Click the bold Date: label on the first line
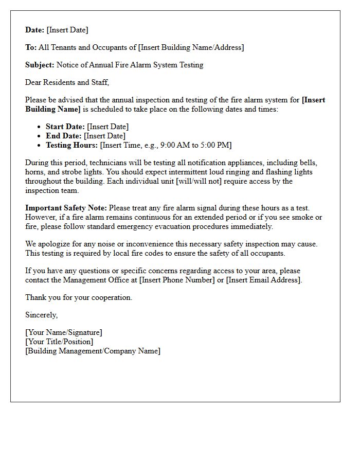pos(35,30)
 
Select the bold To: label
pos(31,47)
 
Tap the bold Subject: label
pos(40,65)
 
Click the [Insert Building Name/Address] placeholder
pos(191,47)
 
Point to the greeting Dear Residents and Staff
pos(67,82)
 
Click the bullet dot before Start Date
pos(40,127)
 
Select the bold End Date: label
pos(64,136)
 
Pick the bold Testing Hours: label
pos(71,145)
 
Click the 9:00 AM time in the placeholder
pos(174,145)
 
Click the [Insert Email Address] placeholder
pos(264,280)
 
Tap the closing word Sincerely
pos(41,315)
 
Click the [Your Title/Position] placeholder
pos(59,342)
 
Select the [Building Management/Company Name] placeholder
pos(93,351)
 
